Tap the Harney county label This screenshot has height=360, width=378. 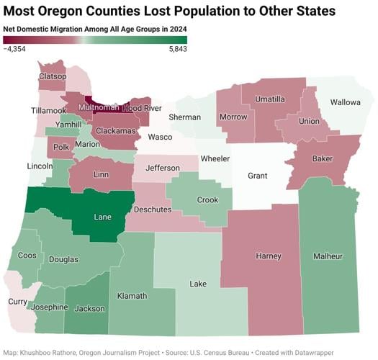click(x=269, y=256)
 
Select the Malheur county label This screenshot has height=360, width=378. click(x=328, y=256)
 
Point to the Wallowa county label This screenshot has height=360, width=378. click(x=345, y=103)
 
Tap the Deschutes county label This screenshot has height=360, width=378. click(x=153, y=210)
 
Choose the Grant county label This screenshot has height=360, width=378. click(x=257, y=176)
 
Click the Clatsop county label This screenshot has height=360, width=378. click(x=53, y=76)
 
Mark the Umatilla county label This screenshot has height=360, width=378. click(x=270, y=99)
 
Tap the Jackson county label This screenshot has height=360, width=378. click(x=89, y=309)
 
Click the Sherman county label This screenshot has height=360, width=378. click(x=185, y=117)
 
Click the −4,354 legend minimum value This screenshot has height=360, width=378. click(x=16, y=50)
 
